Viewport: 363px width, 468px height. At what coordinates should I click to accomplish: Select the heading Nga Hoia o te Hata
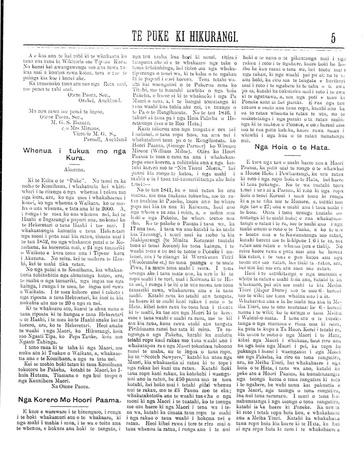[292, 147]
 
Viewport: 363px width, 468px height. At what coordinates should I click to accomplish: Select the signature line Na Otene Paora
[71, 386]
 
